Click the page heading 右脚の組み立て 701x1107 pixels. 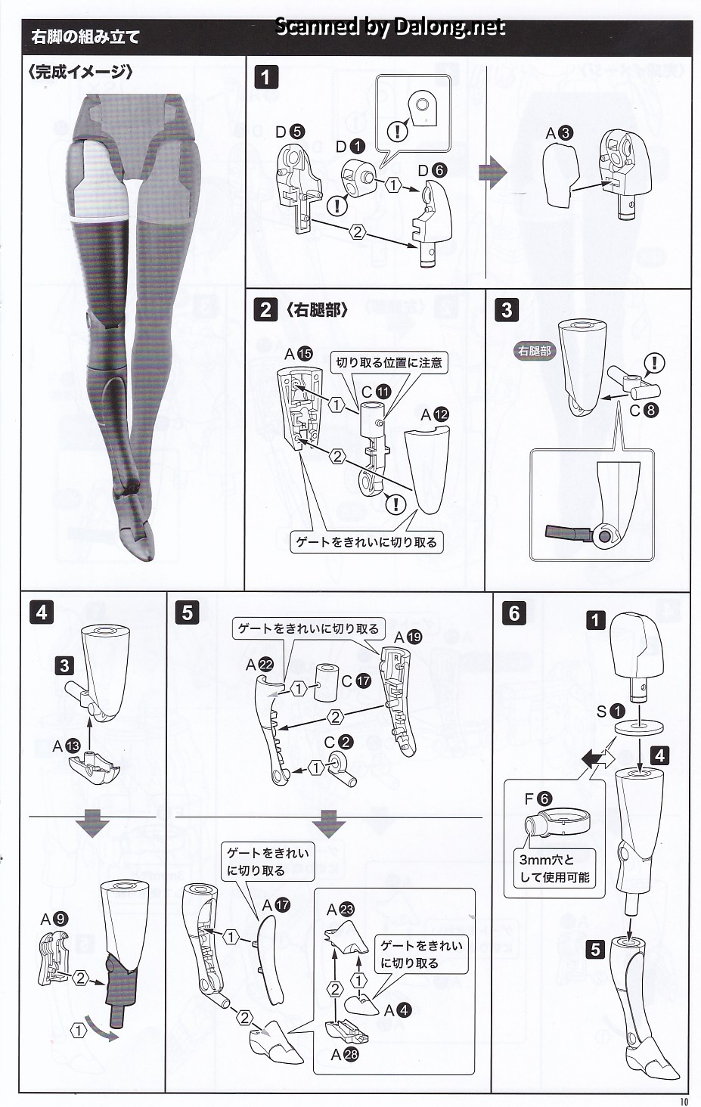pyautogui.click(x=85, y=36)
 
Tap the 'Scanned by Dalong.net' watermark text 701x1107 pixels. pyautogui.click(x=389, y=27)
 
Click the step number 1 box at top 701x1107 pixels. pyautogui.click(x=265, y=77)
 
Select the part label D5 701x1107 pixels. pyautogui.click(x=289, y=132)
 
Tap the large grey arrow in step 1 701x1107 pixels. pyautogui.click(x=492, y=172)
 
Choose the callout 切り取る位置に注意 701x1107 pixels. pyautogui.click(x=389, y=362)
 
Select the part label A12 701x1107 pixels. pyautogui.click(x=434, y=414)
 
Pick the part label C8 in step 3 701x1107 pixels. pyautogui.click(x=644, y=411)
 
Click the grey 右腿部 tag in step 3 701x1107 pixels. pyautogui.click(x=535, y=351)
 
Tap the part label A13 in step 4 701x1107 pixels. pyautogui.click(x=66, y=746)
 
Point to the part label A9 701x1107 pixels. pyautogui.click(x=54, y=919)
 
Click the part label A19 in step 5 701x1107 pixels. pyautogui.click(x=408, y=637)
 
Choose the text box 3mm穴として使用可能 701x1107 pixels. pyautogui.click(x=554, y=869)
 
